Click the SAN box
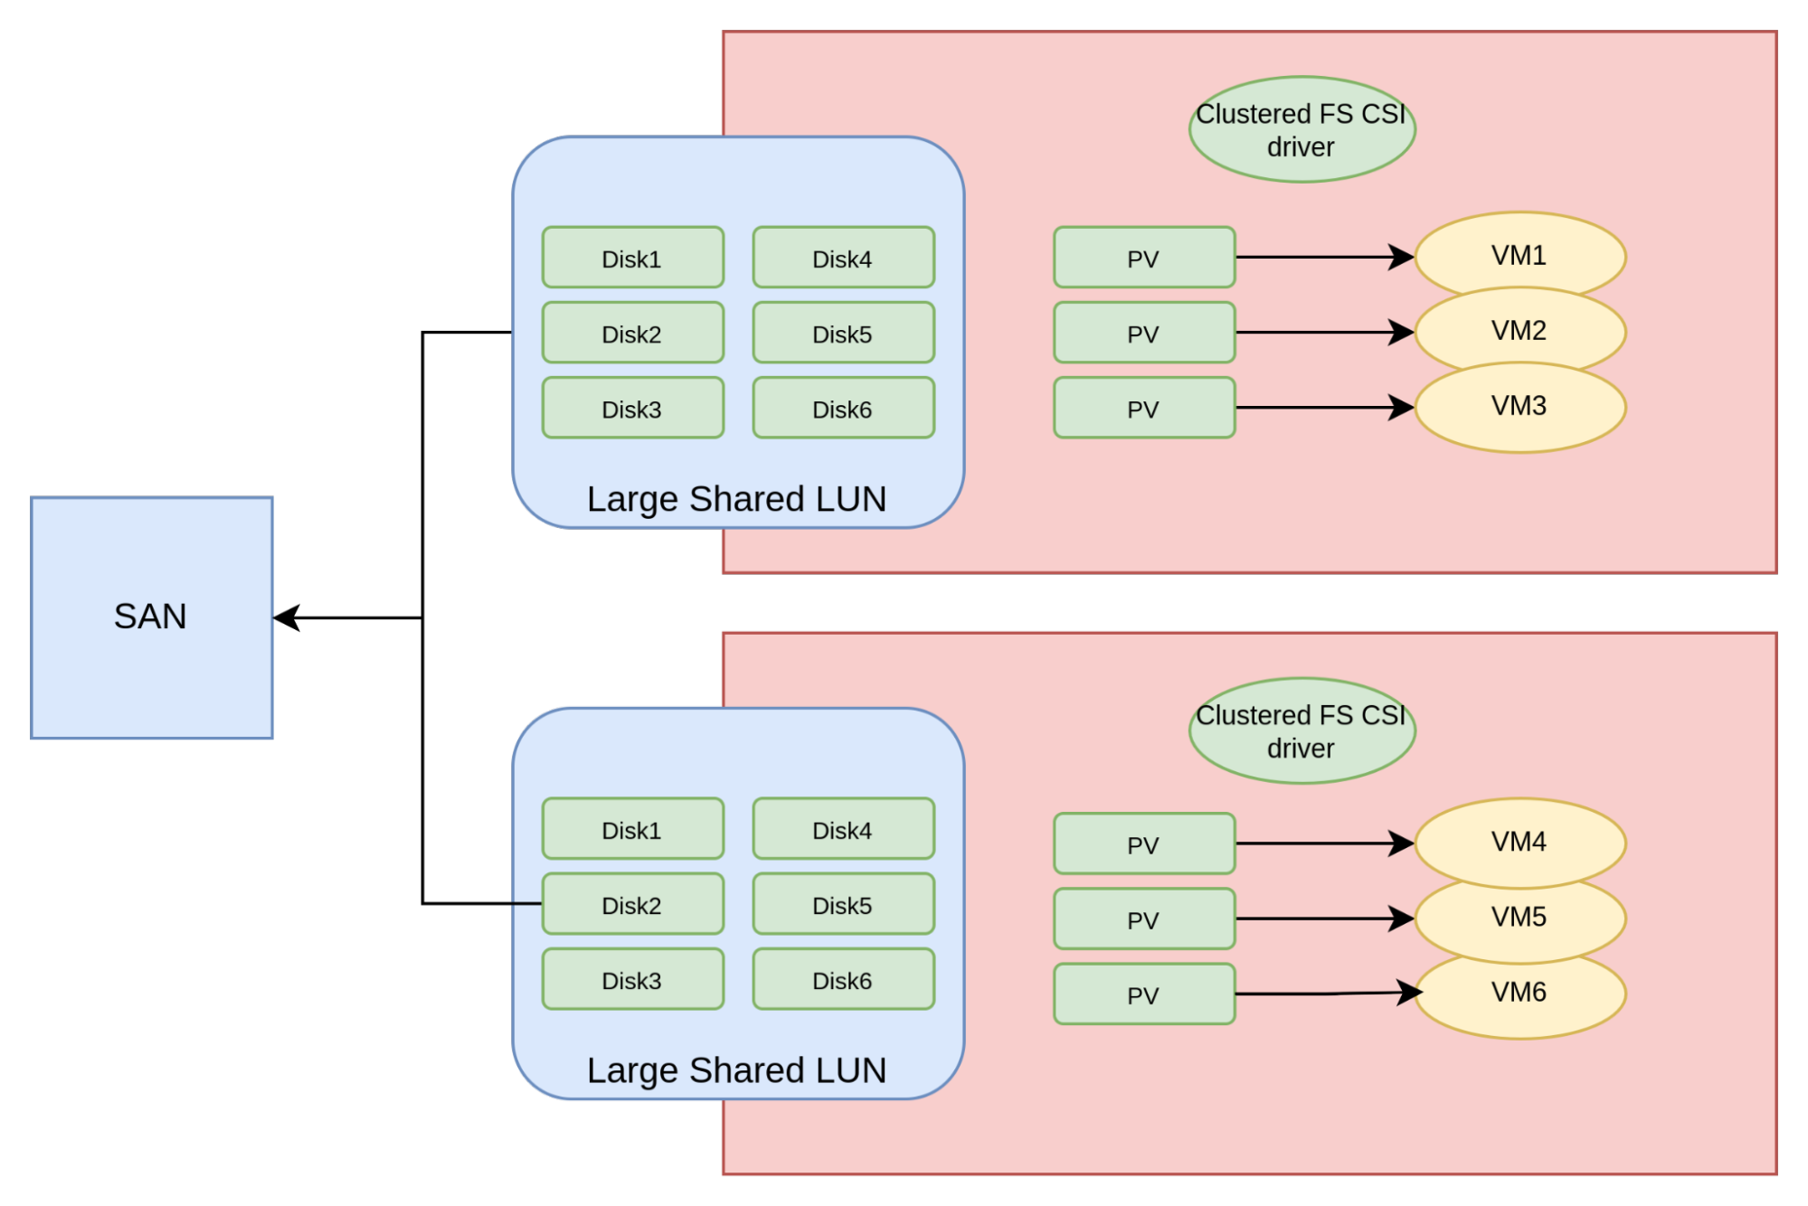point(152,617)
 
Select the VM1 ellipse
point(1519,256)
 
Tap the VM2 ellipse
point(1519,331)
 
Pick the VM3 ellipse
point(1519,407)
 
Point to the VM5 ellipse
point(1519,918)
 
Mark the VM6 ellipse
point(1519,994)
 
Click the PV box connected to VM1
point(1144,258)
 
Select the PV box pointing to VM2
point(1144,333)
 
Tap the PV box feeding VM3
point(1144,408)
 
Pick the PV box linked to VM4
point(1144,843)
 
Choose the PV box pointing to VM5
point(1144,919)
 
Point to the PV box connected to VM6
point(1144,994)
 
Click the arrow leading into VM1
point(1321,258)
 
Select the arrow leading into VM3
point(1321,408)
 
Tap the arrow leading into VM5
point(1321,919)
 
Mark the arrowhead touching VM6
point(1409,993)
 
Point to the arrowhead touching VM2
point(1403,333)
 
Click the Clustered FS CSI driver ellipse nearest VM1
point(1302,129)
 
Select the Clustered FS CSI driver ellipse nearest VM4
point(1302,730)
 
